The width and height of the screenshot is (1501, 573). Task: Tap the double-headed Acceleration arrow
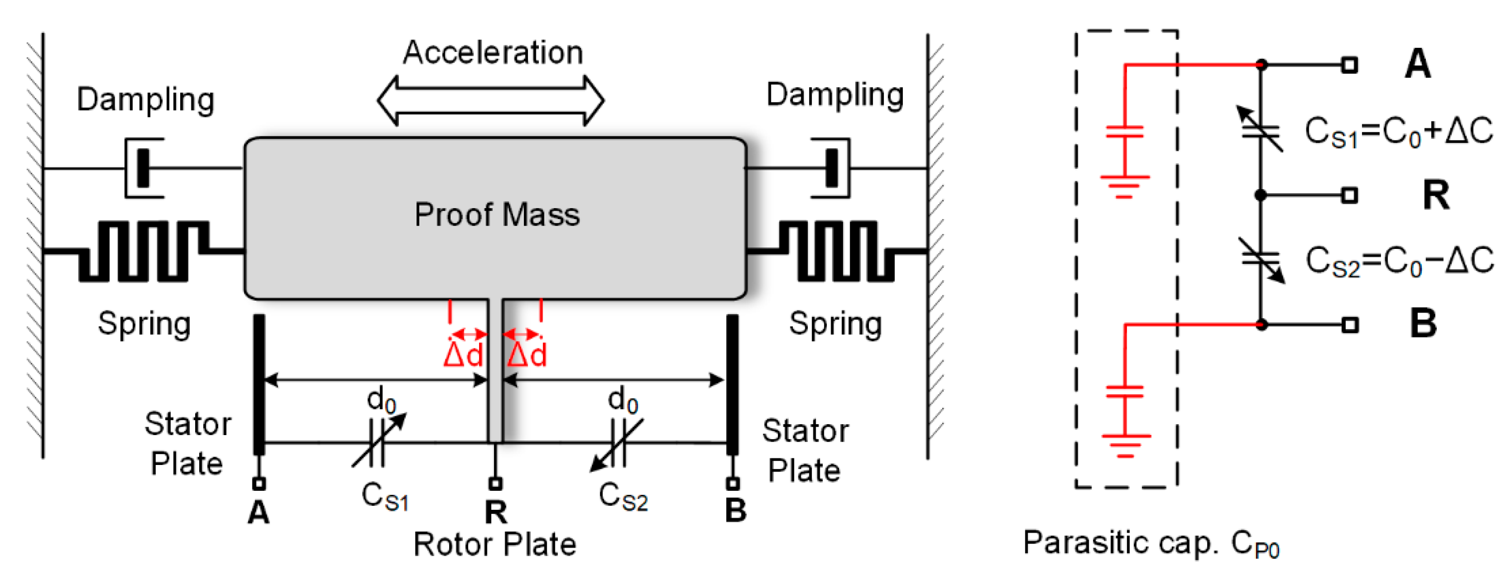point(491,100)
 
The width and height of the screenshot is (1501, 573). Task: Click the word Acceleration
point(493,52)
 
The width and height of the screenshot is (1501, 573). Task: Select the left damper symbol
point(143,168)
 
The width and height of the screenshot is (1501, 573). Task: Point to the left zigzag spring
point(144,251)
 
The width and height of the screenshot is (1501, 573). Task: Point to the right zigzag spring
point(837,251)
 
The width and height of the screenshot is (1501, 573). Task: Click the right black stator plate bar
point(733,384)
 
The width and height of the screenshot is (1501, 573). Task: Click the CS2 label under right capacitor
point(623,497)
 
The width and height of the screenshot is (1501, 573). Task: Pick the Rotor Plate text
point(495,545)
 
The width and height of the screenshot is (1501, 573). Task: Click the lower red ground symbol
point(1125,446)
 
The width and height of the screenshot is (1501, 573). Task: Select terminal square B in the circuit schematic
point(1350,325)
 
